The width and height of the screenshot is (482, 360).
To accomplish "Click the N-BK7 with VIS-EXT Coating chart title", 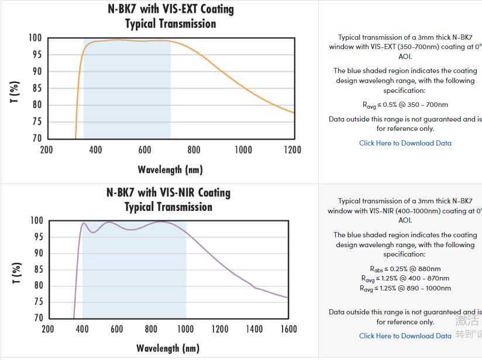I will point(171,9).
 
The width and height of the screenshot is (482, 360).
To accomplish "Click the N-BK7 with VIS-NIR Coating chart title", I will point(168,193).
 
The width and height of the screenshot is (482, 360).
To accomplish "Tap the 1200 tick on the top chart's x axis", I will point(292,150).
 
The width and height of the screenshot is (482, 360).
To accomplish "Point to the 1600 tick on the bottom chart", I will point(288,329).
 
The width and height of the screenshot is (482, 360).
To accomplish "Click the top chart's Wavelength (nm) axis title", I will point(170,170).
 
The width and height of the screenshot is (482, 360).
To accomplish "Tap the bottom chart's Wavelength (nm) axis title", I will point(168,348).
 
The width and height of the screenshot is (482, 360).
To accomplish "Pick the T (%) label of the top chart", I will point(15,92).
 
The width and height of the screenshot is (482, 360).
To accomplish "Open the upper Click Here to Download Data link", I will point(405,143).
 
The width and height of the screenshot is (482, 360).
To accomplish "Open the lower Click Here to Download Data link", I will point(405,336).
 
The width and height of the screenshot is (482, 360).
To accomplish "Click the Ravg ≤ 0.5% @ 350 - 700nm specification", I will point(405,105).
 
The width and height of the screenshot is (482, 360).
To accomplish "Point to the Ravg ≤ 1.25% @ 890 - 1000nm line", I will point(405,288).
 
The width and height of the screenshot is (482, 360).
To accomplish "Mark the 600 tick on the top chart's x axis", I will point(144,150).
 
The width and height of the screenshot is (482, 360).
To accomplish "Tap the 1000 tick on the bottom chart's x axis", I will point(185,329).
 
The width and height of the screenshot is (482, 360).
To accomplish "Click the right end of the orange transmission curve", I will point(293,113).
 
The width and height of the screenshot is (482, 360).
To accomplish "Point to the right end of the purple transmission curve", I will point(288,297).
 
